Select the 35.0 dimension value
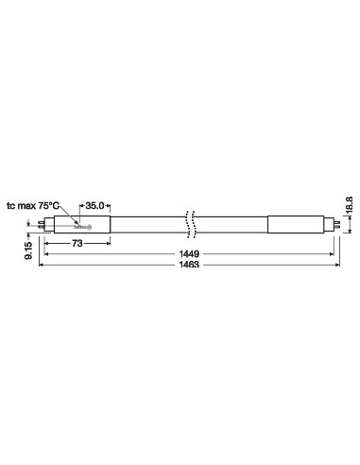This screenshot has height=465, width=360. [x=96, y=204]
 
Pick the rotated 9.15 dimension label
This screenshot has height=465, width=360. [x=28, y=249]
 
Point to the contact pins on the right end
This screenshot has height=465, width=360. [x=332, y=225]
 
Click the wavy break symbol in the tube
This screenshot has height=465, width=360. [x=192, y=223]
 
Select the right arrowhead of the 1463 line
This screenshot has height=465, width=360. [x=334, y=267]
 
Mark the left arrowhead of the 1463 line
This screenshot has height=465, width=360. [x=41, y=267]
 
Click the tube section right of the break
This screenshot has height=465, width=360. [x=231, y=225]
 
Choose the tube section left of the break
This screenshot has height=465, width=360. [x=146, y=225]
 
